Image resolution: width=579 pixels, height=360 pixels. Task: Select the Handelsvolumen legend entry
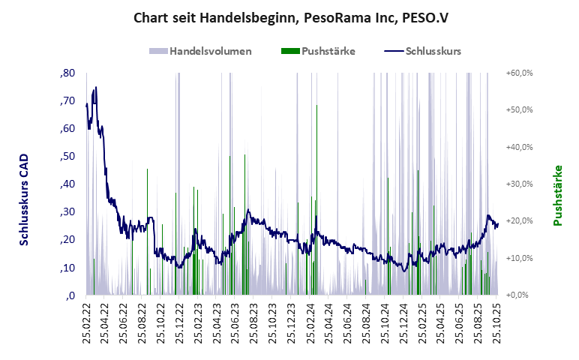210,51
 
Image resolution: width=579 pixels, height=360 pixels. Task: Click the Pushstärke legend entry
328,51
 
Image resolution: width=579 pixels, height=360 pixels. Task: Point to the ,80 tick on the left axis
67,73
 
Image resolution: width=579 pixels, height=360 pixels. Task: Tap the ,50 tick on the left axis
67,156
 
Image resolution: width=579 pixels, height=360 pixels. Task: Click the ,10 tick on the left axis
67,268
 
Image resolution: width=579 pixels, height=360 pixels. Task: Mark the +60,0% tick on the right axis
519,73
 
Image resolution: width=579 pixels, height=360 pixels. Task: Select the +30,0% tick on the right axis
519,184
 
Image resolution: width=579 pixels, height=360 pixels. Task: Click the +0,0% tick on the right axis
519,295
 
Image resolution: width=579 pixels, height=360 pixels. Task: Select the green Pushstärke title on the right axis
557,195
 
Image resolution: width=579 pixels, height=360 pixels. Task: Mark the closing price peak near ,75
95,88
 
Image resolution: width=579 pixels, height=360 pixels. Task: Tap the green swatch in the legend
289,51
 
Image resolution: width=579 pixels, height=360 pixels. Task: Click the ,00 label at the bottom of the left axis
70,295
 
